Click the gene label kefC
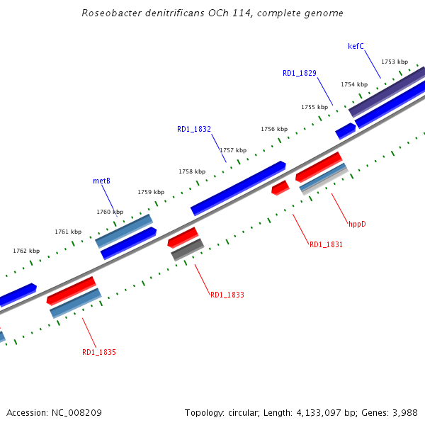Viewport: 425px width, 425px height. [x=356, y=47]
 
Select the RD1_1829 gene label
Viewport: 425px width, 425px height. [x=299, y=73]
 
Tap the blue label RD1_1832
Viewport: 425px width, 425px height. [x=194, y=129]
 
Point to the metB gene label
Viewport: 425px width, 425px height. [x=101, y=181]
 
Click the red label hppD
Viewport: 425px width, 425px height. [x=357, y=224]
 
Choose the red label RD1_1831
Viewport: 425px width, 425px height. [x=326, y=244]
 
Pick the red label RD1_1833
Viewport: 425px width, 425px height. [x=227, y=295]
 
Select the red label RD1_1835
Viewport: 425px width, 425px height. [x=99, y=352]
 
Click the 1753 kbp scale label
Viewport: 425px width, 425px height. [x=395, y=62]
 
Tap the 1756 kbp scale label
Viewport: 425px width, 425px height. [x=274, y=129]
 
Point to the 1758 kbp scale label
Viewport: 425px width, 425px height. [x=192, y=171]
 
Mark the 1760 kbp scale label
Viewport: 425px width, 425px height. [x=110, y=212]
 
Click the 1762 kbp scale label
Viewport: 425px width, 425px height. [x=26, y=251]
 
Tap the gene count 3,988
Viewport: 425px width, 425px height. [x=404, y=412]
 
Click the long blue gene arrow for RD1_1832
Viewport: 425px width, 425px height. [x=238, y=187]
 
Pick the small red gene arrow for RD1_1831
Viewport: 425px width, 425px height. [x=280, y=188]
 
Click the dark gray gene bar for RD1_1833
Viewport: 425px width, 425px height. [x=188, y=249]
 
